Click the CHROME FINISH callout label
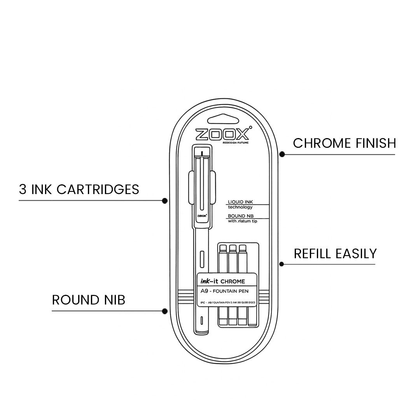pyautogui.click(x=344, y=143)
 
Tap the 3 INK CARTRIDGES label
pyautogui.click(x=79, y=189)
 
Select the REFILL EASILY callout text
pyautogui.click(x=335, y=254)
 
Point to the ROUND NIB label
pyautogui.click(x=89, y=300)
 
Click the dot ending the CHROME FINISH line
pyautogui.click(x=282, y=154)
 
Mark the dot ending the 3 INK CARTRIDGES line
pyautogui.click(x=164, y=201)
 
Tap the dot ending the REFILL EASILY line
pyautogui.click(x=282, y=264)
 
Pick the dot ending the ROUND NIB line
pyautogui.click(x=164, y=311)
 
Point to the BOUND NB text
pyautogui.click(x=237, y=216)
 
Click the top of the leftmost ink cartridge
pyautogui.click(x=223, y=248)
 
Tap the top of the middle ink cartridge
pyautogui.click(x=233, y=248)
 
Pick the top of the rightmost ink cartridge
pyautogui.click(x=243, y=248)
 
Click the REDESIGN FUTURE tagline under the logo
pyautogui.click(x=235, y=143)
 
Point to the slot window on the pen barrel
pyautogui.click(x=202, y=258)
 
